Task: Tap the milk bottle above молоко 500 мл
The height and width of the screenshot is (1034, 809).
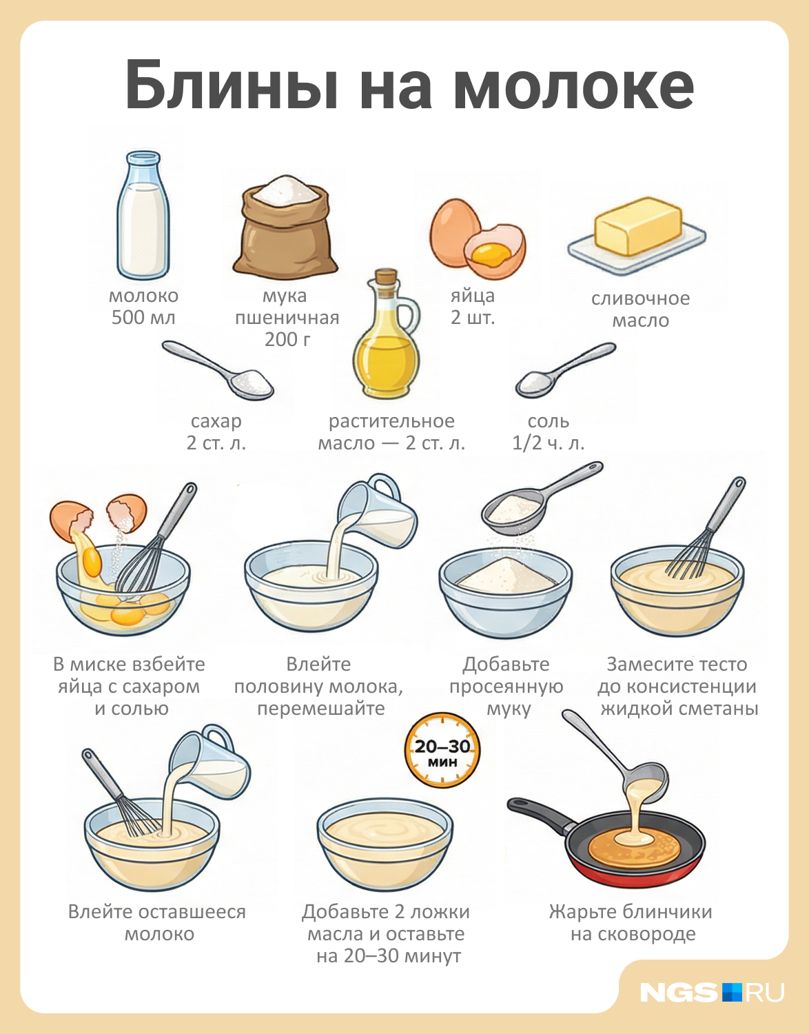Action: [x=143, y=215]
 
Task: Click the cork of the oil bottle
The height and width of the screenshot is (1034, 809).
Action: [x=386, y=276]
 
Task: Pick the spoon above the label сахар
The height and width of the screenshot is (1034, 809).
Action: [x=218, y=369]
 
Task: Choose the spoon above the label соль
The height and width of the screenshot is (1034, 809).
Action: [x=566, y=369]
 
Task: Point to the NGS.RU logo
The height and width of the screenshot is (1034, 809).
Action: [x=712, y=992]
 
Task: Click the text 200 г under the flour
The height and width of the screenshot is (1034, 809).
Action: [x=287, y=339]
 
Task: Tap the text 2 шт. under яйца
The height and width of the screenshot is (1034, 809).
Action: [x=473, y=317]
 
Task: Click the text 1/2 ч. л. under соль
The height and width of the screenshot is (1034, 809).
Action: [x=549, y=443]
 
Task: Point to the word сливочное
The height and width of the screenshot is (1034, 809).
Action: [x=640, y=298]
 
